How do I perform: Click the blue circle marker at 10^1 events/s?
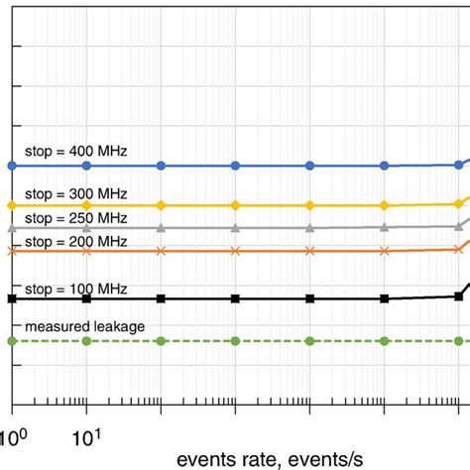pos(87,165)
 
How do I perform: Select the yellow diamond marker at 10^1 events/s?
pos(87,205)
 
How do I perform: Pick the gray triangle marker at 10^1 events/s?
pos(87,228)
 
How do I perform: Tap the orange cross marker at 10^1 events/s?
pos(87,251)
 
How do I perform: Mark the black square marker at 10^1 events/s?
pos(87,298)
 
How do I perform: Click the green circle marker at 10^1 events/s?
pos(87,341)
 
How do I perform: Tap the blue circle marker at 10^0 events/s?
pos(12,165)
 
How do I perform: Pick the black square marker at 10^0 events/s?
pos(12,298)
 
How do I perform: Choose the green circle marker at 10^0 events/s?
pos(12,341)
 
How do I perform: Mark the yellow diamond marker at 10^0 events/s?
pos(12,205)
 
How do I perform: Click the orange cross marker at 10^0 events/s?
pos(12,251)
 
